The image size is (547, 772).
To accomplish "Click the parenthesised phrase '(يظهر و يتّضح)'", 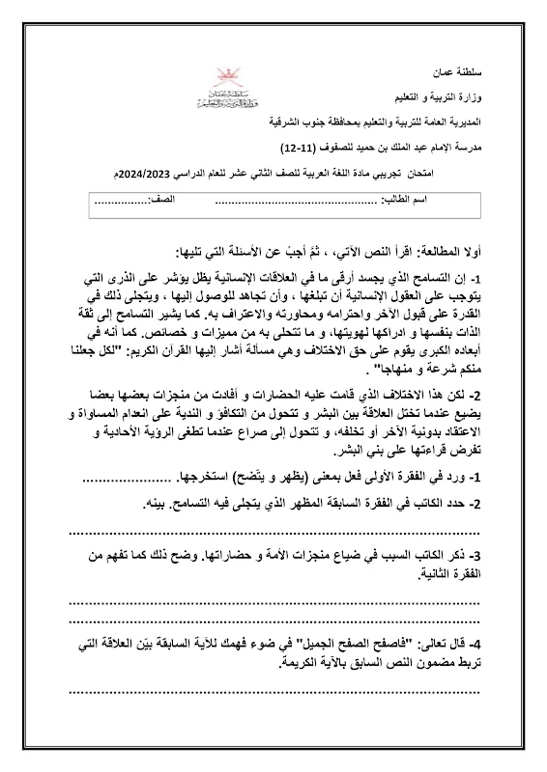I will click(277, 478).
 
